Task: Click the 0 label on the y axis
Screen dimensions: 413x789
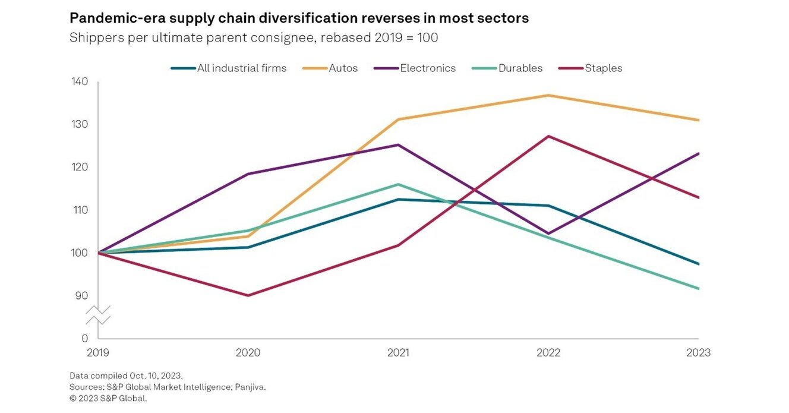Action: [x=85, y=338]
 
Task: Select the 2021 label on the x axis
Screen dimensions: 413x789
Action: [x=398, y=353]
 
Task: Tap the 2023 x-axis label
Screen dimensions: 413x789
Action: [x=698, y=353]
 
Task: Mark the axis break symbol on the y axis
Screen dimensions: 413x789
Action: [x=98, y=315]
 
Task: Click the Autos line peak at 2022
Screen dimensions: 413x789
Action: [x=548, y=95]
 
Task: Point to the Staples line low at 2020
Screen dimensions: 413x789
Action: [x=248, y=295]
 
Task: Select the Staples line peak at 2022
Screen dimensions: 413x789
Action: [x=548, y=136]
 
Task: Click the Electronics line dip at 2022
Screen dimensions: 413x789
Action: [x=548, y=234]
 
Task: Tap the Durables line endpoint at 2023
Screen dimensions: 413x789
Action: [x=699, y=289]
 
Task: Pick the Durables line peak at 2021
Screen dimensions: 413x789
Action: [x=398, y=184]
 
